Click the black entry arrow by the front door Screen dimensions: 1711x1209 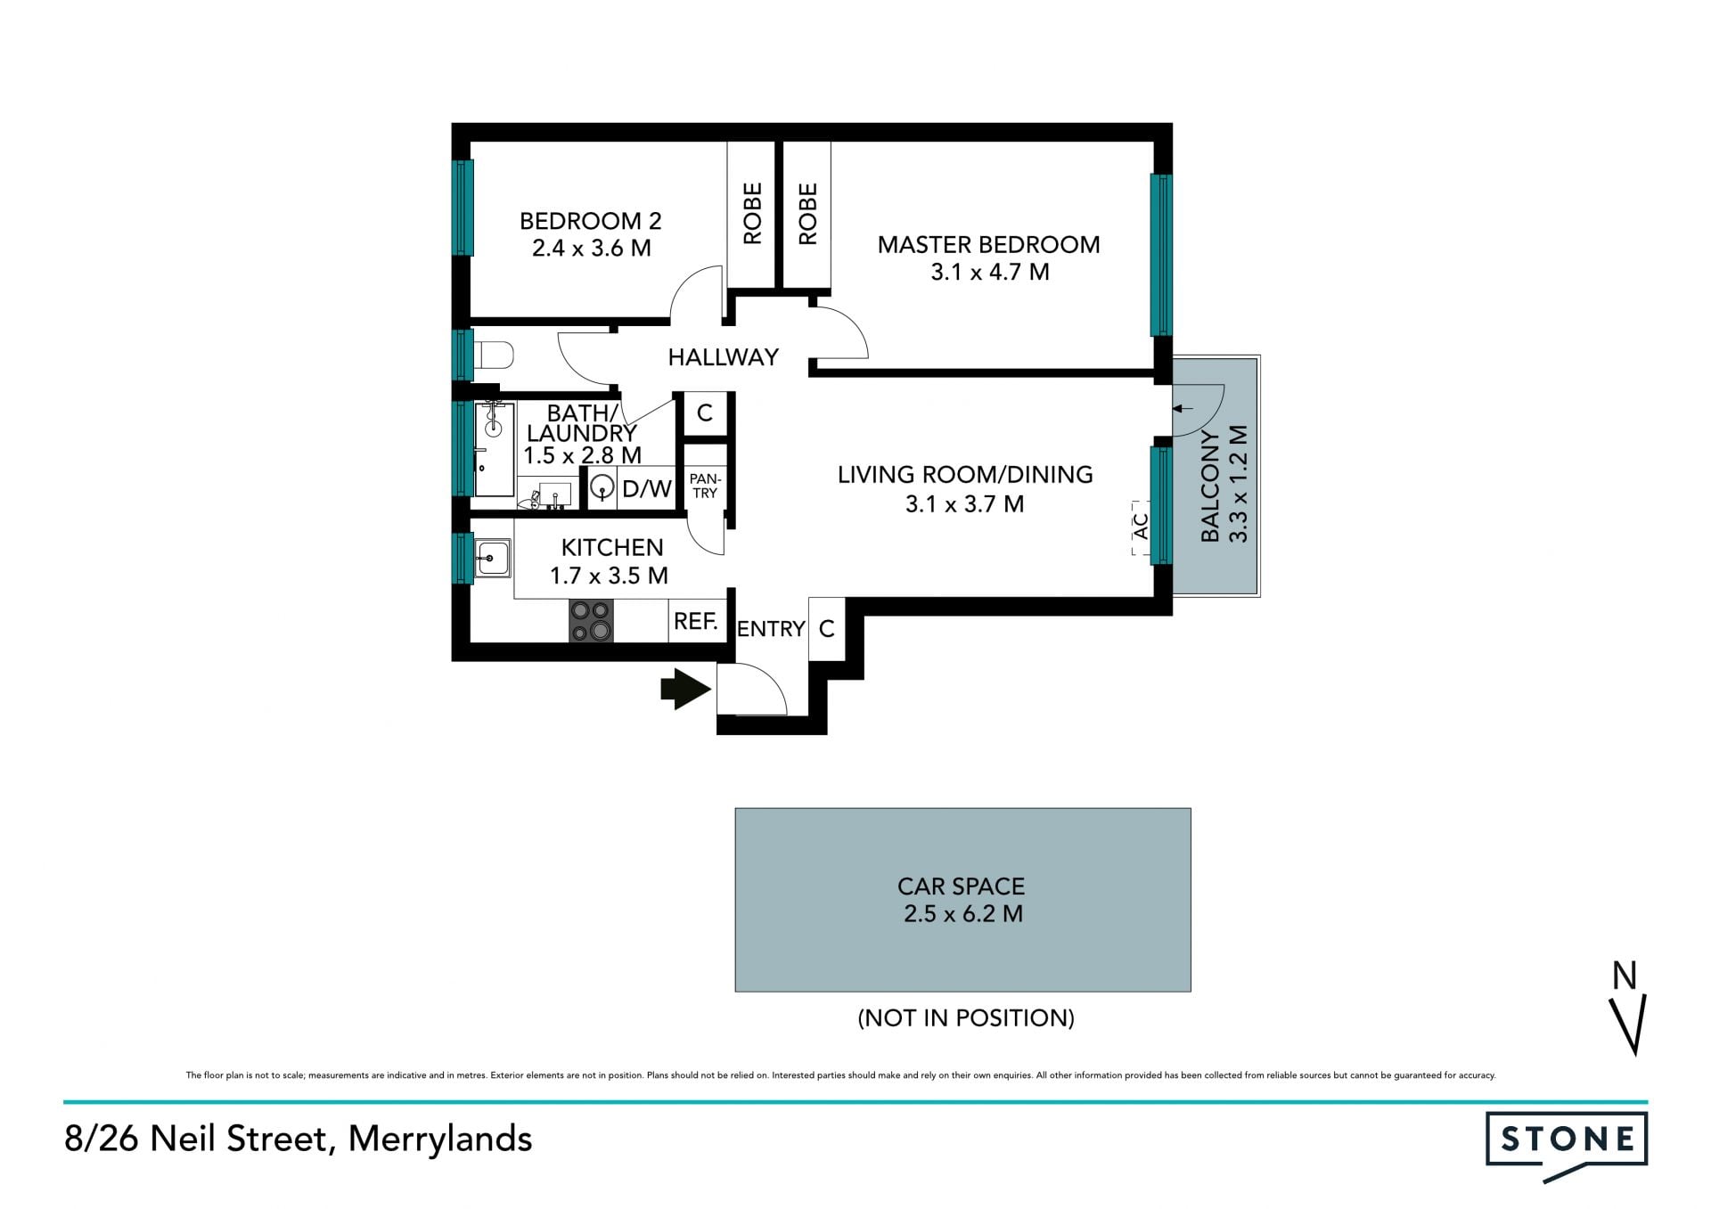coord(685,689)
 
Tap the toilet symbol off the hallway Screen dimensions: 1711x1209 coord(494,356)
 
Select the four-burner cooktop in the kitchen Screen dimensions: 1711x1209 coord(592,620)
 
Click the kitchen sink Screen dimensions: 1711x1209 coord(492,558)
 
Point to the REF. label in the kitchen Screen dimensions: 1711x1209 coord(696,621)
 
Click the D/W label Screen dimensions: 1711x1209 coord(646,488)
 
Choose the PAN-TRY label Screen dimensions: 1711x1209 coord(705,486)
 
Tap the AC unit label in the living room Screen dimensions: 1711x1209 coord(1141,526)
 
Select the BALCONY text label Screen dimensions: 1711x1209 coord(1209,486)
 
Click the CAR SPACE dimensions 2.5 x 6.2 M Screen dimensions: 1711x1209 coord(962,913)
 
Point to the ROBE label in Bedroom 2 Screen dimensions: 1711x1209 coord(753,214)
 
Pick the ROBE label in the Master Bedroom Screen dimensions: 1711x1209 coord(807,214)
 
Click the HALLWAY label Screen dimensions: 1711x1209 coord(724,357)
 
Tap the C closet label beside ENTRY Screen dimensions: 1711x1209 coord(826,629)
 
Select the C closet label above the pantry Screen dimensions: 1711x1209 coord(705,413)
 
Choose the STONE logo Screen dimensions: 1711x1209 coord(1566,1146)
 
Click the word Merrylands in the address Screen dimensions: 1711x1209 coord(440,1139)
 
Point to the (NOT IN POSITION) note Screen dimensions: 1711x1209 coord(966,1017)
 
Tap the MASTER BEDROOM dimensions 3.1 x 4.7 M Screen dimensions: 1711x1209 coord(990,272)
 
